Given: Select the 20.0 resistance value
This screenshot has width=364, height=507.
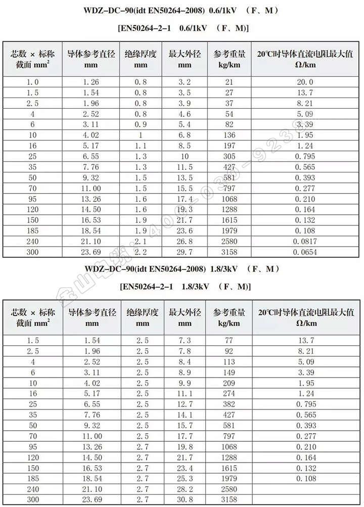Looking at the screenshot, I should coord(304,82).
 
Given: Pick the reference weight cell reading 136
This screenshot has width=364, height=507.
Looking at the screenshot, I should coord(229,135).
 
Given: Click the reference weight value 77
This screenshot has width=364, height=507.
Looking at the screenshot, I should coord(229,341).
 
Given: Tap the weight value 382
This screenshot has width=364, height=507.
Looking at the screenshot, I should coord(229,405).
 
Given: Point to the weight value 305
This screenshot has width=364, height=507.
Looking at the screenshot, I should coord(229,157).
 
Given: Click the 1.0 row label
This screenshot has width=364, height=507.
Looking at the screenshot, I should coord(32,82).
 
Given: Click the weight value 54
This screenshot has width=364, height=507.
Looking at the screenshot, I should coord(229,114).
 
